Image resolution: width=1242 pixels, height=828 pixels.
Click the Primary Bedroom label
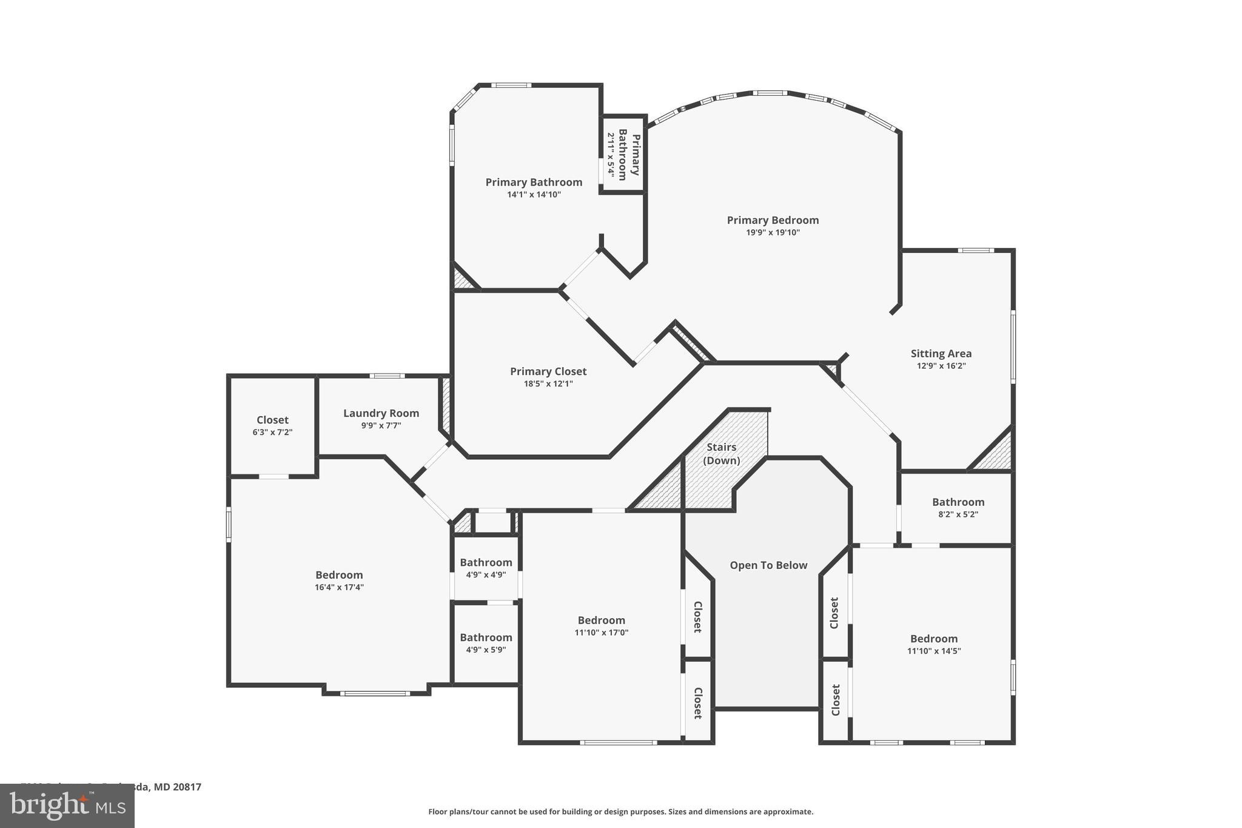[x=773, y=220]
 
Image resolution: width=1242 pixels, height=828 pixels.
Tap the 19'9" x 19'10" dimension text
[x=773, y=233]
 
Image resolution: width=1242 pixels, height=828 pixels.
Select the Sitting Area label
[x=941, y=354]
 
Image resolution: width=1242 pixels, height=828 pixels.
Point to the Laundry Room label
[x=381, y=414]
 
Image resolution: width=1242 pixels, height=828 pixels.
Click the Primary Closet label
[x=548, y=372]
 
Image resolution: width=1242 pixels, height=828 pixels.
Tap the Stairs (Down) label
[x=721, y=454]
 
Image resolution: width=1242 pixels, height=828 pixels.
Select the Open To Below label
[x=768, y=565]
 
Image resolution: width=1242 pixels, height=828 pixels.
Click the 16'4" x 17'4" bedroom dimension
[x=339, y=587]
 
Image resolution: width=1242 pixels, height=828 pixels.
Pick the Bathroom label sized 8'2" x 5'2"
[x=958, y=502]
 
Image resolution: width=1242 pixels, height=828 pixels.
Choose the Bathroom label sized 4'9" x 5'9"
[x=486, y=638]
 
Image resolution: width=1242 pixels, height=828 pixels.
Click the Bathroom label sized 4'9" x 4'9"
[x=486, y=563]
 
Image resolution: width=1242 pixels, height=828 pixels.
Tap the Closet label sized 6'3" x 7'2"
[x=272, y=420]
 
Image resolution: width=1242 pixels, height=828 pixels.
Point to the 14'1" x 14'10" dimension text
[x=534, y=195]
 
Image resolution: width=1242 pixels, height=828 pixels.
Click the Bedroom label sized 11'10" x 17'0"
[x=601, y=621]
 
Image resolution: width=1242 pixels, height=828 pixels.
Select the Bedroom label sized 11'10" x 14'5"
[x=933, y=639]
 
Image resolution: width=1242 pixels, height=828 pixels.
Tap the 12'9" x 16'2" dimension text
[x=941, y=366]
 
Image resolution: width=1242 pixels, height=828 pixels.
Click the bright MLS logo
[x=67, y=806]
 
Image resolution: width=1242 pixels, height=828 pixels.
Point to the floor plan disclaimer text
[x=620, y=812]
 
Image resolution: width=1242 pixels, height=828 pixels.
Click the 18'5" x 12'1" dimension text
[x=548, y=384]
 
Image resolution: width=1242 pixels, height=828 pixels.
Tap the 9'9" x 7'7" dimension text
[x=381, y=426]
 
